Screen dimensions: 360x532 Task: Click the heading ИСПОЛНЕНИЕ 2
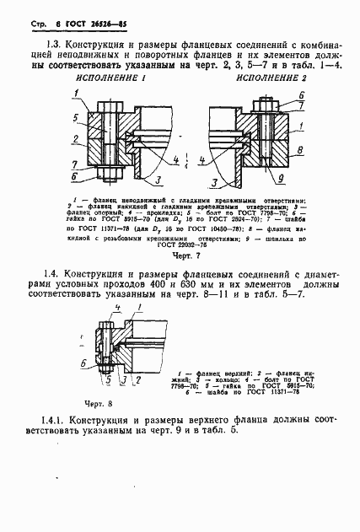click(272, 78)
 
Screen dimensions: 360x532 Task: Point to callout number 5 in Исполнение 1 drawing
click(75, 116)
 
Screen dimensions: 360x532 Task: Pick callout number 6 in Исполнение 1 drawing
click(76, 178)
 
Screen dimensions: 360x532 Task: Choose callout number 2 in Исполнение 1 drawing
click(74, 139)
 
